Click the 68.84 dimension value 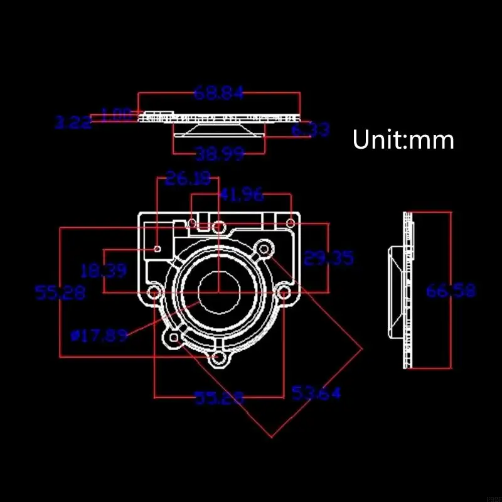coord(218,93)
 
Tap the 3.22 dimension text coord(73,122)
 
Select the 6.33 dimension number coord(311,130)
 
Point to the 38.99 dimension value coord(220,154)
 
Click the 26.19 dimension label coord(188,179)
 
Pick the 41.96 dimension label coord(241,195)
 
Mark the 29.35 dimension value coord(328,258)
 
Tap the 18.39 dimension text coord(104,271)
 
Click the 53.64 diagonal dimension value coord(316,393)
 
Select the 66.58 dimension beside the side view coord(451,291)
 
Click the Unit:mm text coord(403,139)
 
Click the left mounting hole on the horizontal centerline coord(154,292)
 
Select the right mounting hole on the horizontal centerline coord(284,292)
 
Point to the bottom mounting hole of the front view coord(218,358)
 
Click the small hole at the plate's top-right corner coord(291,223)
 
